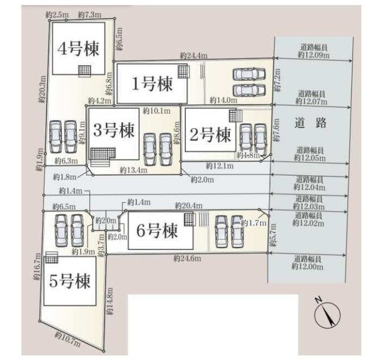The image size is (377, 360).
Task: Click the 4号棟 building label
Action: tap(78, 48)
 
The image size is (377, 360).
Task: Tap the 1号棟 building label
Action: tap(152, 84)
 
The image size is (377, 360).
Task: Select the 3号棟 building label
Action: tap(114, 130)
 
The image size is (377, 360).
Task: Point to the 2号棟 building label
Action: tap(210, 134)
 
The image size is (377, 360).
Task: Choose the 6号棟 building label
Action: tap(157, 230)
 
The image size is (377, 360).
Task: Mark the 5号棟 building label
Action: tap(70, 281)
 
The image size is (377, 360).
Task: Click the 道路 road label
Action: tap(310, 123)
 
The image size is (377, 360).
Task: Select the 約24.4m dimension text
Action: tap(194, 56)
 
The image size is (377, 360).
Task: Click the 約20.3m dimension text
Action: tap(42, 89)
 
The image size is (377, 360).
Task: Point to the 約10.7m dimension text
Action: tap(68, 340)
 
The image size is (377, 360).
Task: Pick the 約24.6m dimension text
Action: tap(187, 259)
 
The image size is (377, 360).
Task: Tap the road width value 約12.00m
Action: tap(308, 267)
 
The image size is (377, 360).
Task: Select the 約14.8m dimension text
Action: tap(110, 301)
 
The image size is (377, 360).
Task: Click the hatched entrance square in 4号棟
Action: tap(85, 71)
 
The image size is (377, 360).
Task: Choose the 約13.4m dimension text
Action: tap(134, 170)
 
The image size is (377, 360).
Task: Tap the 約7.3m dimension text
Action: tap(90, 15)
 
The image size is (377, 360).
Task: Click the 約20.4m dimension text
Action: tap(189, 206)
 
